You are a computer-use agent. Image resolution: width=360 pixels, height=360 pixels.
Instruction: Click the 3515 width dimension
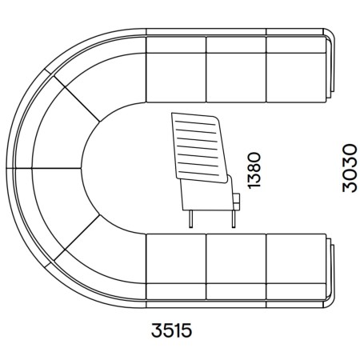pyautogui.click(x=171, y=330)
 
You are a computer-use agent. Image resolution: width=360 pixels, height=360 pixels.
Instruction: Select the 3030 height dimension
pyautogui.click(x=350, y=168)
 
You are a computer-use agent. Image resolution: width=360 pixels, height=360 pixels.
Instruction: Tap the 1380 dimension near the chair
pyautogui.click(x=254, y=170)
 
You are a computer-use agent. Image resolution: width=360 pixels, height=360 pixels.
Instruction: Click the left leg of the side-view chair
pyautogui.click(x=190, y=218)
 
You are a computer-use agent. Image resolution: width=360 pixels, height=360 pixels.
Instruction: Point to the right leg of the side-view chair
pyautogui.click(x=234, y=218)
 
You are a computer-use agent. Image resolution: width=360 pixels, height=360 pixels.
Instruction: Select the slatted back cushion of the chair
pyautogui.click(x=199, y=147)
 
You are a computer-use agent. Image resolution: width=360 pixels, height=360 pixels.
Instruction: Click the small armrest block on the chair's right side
pyautogui.click(x=236, y=202)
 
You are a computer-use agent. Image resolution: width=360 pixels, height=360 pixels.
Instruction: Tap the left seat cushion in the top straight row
pyautogui.click(x=176, y=78)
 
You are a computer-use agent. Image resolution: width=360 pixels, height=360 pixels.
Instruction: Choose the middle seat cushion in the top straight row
pyautogui.click(x=236, y=78)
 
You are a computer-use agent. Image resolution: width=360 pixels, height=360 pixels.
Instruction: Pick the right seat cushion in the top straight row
pyautogui.click(x=296, y=78)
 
